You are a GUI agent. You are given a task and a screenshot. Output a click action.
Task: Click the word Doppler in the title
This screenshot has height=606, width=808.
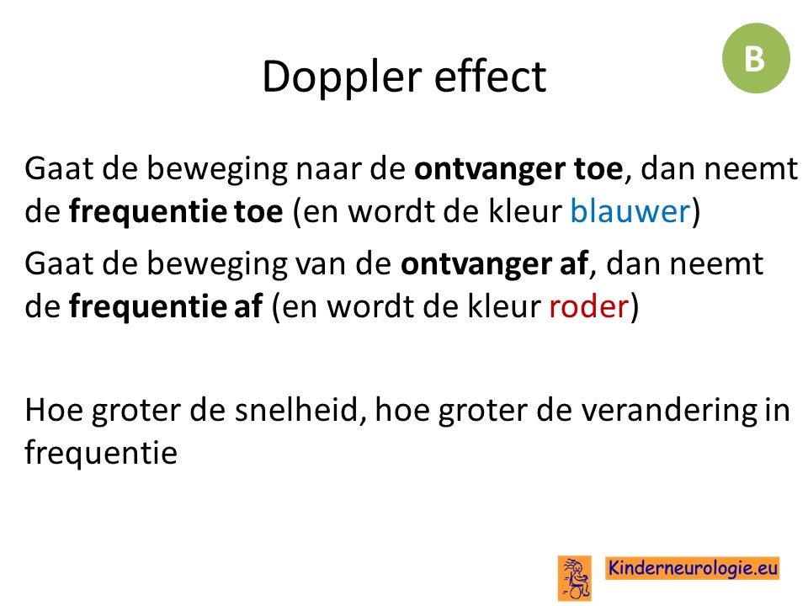tap(342, 78)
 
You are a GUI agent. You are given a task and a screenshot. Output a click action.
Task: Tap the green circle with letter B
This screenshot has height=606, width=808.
tap(756, 58)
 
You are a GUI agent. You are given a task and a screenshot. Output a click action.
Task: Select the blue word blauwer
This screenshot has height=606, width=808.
tap(630, 211)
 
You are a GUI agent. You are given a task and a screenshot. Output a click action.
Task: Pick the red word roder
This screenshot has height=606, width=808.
tap(588, 306)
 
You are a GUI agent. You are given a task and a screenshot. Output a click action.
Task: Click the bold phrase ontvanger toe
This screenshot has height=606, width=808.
tap(519, 169)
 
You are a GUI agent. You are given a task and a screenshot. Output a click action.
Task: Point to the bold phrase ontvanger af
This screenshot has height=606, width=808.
tap(495, 263)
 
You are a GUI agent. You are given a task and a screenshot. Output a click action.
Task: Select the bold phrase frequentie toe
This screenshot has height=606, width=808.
tap(176, 212)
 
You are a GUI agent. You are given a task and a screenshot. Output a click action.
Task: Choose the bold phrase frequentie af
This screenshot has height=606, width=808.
tap(166, 307)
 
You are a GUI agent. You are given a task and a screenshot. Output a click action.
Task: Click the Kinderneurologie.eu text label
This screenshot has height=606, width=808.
tap(693, 568)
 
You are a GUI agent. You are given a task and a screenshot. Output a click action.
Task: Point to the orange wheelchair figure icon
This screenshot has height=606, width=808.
tap(575, 578)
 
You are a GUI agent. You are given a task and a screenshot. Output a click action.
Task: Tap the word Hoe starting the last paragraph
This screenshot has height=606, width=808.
tap(54, 411)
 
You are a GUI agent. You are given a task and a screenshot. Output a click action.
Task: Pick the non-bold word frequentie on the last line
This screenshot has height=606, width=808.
tap(101, 454)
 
